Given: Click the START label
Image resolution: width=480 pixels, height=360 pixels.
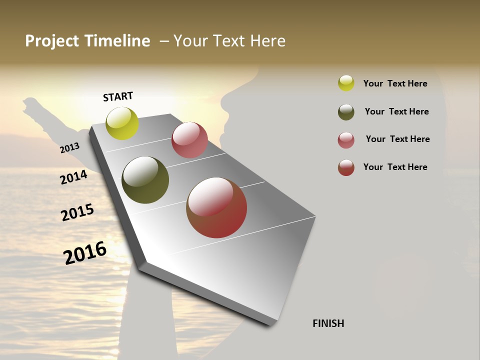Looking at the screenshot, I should click(118, 96).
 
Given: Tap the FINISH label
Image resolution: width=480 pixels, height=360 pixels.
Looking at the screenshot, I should click(328, 323).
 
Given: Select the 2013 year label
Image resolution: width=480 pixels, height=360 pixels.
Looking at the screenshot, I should click(69, 148).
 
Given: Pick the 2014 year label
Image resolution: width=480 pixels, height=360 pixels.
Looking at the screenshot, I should click(73, 177).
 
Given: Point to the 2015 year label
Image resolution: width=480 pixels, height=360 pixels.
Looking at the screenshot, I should click(77, 212).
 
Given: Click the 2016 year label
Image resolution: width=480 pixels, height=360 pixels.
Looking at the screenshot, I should click(85, 252).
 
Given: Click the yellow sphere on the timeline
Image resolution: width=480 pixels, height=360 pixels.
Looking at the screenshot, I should click(122, 123).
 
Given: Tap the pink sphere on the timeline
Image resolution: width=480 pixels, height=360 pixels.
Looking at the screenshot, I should click(189, 140).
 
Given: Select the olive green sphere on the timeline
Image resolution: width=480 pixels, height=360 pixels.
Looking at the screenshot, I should click(145, 180).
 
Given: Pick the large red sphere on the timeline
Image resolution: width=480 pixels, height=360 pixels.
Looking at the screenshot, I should click(216, 207).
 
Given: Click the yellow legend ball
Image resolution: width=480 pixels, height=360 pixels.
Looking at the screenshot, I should click(346, 83).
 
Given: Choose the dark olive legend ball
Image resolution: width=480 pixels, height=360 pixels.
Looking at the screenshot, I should click(346, 112).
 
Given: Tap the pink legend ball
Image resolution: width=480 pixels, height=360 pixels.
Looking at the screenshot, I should click(346, 140).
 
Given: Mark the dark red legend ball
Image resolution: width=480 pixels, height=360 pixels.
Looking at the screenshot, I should click(346, 167).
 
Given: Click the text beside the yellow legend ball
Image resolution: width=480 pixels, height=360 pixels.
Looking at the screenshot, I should click(395, 83).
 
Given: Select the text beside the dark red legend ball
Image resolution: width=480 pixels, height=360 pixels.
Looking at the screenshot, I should click(395, 167).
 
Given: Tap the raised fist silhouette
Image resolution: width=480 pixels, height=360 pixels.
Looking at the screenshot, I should click(32, 106).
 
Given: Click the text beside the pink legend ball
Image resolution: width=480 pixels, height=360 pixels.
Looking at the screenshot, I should click(397, 139).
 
